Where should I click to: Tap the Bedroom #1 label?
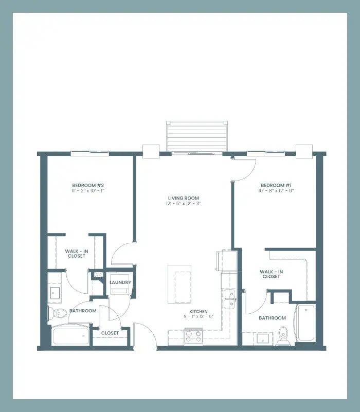pyautogui.click(x=276, y=185)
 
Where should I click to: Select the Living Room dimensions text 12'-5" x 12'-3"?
pyautogui.click(x=184, y=203)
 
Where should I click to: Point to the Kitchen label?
pyautogui.click(x=199, y=311)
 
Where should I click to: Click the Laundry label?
pyautogui.click(x=120, y=282)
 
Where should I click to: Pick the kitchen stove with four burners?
pyautogui.click(x=193, y=336)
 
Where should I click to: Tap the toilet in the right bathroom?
pyautogui.click(x=283, y=336)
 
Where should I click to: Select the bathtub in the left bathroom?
pyautogui.click(x=71, y=336)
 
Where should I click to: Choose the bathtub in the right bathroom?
pyautogui.click(x=306, y=323)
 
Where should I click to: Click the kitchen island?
pyautogui.click(x=179, y=284)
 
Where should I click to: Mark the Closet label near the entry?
pyautogui.click(x=110, y=333)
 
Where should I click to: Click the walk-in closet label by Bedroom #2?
pyautogui.click(x=77, y=254)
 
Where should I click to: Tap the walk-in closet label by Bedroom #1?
pyautogui.click(x=271, y=274)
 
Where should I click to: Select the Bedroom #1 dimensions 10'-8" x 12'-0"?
pyautogui.click(x=276, y=191)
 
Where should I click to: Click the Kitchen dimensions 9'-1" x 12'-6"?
pyautogui.click(x=199, y=316)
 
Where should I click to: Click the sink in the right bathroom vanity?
pyautogui.click(x=262, y=338)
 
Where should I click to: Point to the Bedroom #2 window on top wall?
pyautogui.click(x=90, y=153)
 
